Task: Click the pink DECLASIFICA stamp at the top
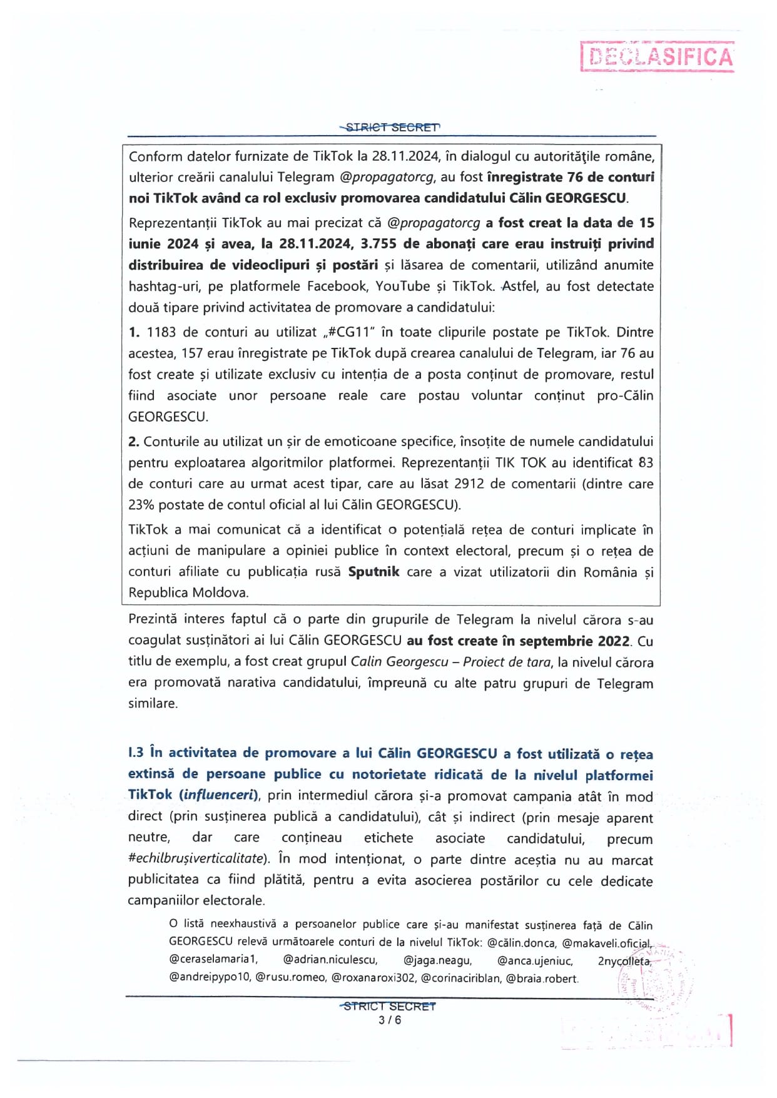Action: (658, 57)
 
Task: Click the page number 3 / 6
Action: (390, 1020)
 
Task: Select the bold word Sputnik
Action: (373, 572)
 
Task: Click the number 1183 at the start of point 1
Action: (161, 332)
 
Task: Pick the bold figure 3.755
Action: (378, 243)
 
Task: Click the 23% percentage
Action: (141, 505)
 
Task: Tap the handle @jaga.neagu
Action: (437, 960)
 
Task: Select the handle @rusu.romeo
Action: (290, 978)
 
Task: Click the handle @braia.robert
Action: (542, 978)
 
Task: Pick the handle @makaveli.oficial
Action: (606, 942)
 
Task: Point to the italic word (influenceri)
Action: (219, 795)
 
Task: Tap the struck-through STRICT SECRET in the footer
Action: (390, 1006)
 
